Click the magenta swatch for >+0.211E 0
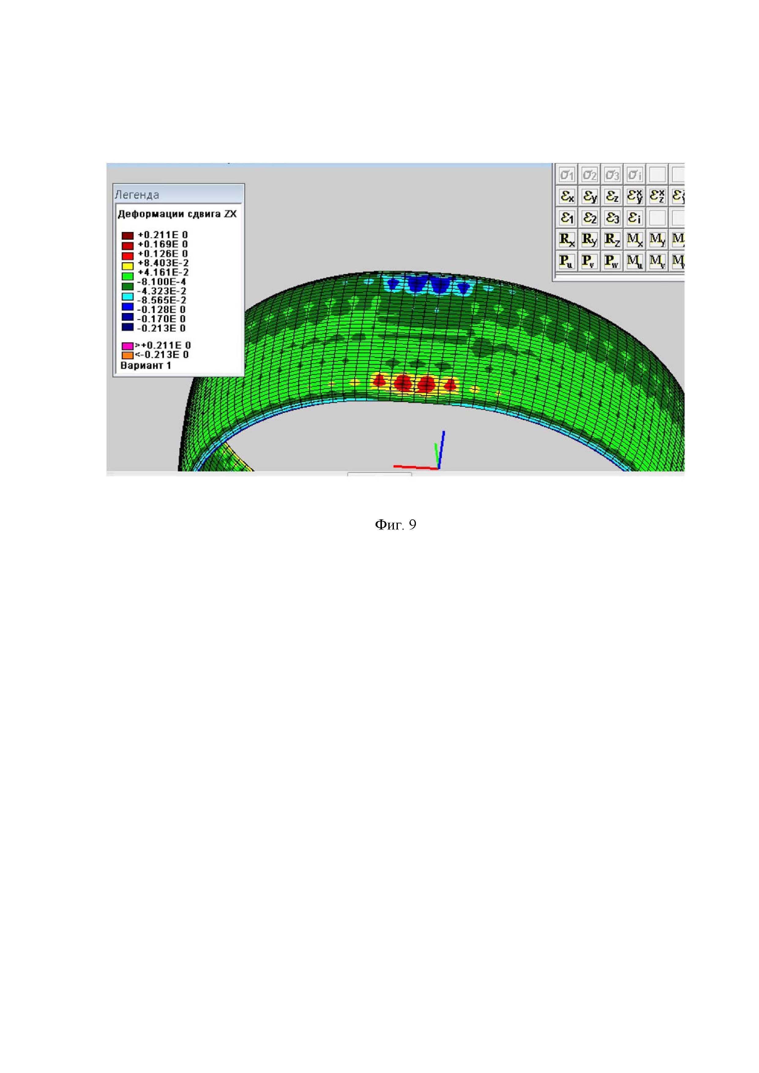127,346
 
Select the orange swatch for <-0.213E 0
127,355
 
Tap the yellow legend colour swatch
127,266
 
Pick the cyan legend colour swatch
127,297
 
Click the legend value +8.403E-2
163,263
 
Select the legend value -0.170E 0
161,319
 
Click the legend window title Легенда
137,195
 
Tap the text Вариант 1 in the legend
146,366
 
